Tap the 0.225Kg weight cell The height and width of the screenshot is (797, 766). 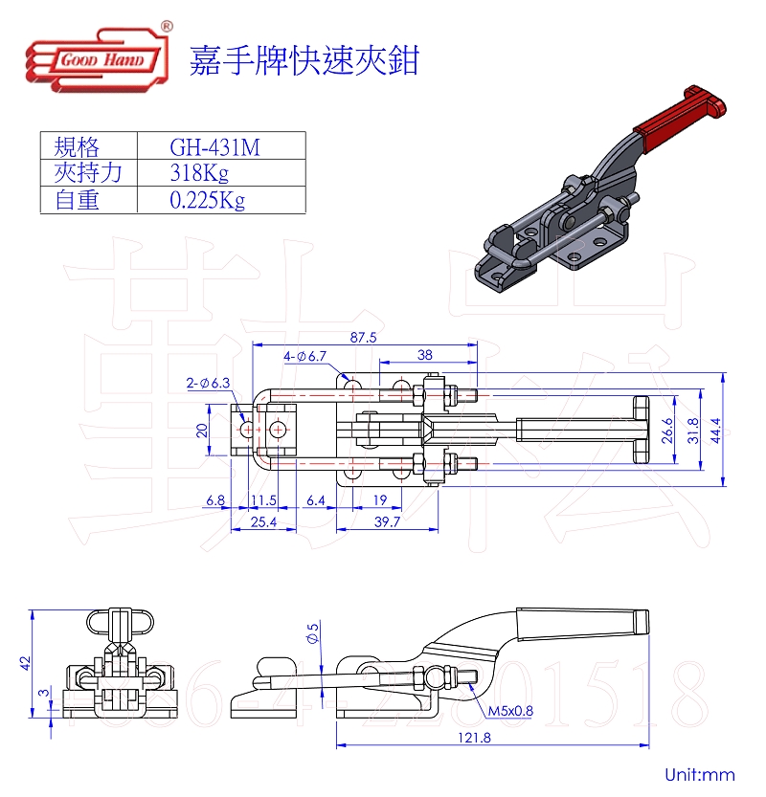[206, 200]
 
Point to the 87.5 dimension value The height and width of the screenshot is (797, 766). [363, 338]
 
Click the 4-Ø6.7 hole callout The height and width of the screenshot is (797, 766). [305, 356]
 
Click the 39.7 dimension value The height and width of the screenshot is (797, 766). [387, 521]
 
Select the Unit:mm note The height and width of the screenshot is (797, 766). [700, 775]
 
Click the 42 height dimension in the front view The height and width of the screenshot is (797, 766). [27, 659]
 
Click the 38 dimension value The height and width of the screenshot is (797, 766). [425, 354]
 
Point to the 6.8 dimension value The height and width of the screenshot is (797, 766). [215, 499]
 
